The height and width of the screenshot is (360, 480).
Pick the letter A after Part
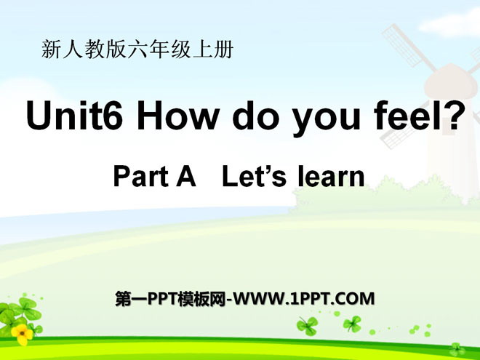point(188,176)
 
